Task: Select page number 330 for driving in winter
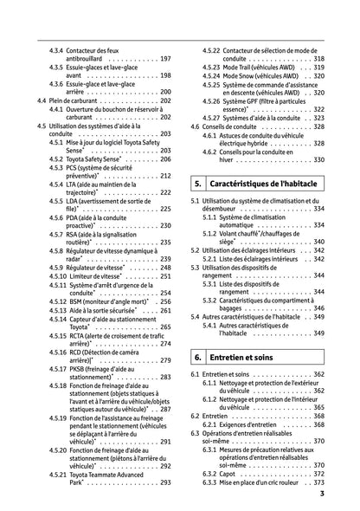click(x=318, y=160)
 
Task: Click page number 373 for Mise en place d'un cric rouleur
click(x=318, y=484)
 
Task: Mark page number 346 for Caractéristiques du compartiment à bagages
click(x=318, y=307)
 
